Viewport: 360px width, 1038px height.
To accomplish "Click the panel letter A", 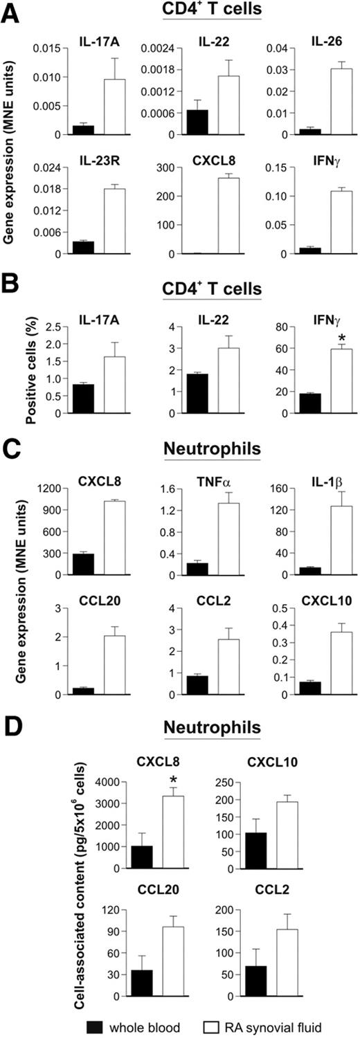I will [10, 12].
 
